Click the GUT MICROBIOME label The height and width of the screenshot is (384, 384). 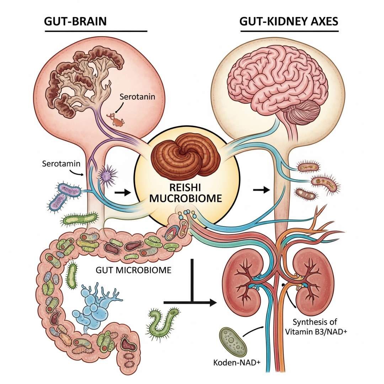coord(133,270)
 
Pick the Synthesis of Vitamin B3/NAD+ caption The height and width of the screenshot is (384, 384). coord(315,327)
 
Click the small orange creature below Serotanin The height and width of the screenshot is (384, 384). coord(117,120)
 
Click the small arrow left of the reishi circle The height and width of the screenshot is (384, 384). coord(122,193)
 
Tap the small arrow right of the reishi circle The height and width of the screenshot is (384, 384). coord(261,190)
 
